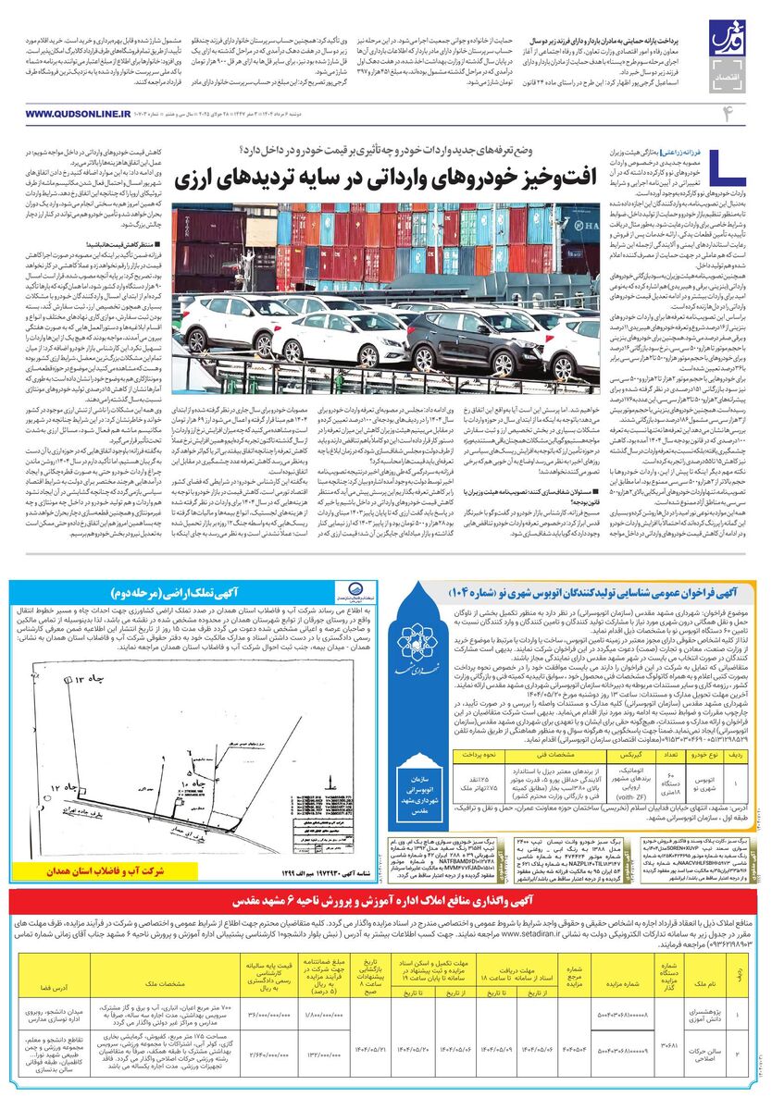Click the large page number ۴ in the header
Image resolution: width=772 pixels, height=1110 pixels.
click(x=727, y=112)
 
